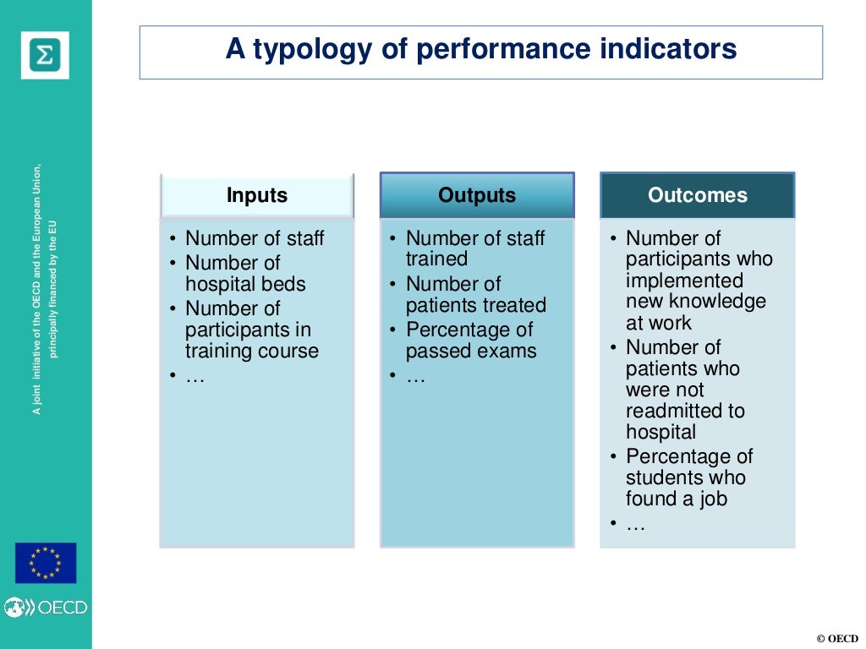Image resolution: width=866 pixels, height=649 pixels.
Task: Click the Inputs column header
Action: (x=257, y=196)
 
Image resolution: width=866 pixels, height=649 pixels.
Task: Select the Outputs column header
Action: (x=477, y=196)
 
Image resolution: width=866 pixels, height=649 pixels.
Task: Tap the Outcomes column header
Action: (x=698, y=196)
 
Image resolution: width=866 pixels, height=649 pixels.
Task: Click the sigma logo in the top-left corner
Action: (x=45, y=55)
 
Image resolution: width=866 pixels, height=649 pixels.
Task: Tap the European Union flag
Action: (x=46, y=563)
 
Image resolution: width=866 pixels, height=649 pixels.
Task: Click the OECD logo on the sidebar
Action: (x=46, y=607)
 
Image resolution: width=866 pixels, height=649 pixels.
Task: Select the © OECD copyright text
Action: (x=837, y=638)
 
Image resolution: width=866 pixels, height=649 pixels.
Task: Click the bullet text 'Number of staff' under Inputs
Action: (x=255, y=239)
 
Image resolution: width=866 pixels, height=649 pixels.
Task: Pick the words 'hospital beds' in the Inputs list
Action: (x=245, y=285)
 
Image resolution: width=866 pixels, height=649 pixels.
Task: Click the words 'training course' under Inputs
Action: (x=252, y=351)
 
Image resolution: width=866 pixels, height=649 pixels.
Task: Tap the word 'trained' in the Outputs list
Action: (x=436, y=259)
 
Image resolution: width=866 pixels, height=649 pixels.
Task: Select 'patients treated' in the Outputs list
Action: (x=476, y=305)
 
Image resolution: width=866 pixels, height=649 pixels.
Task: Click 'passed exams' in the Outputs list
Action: (x=471, y=351)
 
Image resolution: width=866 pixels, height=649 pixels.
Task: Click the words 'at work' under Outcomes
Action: (x=659, y=323)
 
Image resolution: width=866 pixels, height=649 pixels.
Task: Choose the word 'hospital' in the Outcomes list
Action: (x=661, y=432)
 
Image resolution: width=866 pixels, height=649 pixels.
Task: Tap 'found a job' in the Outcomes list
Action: (x=677, y=499)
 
